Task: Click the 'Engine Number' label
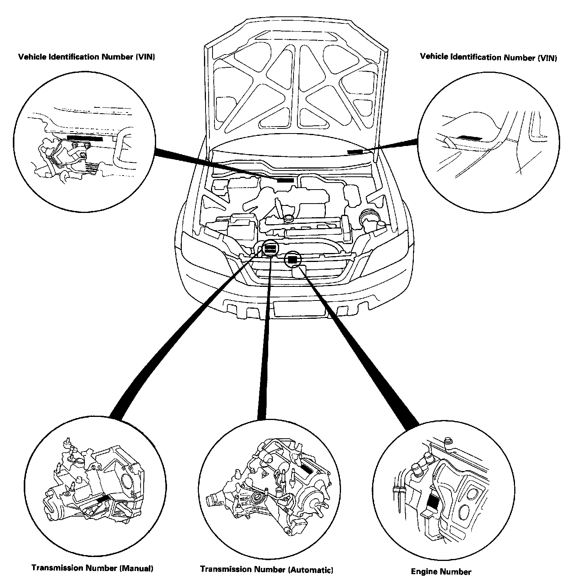click(441, 572)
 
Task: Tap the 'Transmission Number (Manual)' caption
click(92, 568)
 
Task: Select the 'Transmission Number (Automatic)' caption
click(267, 569)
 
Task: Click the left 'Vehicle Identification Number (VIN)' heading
click(87, 57)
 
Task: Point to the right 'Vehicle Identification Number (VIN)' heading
click(488, 57)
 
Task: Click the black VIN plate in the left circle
click(85, 138)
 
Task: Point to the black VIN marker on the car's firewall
click(285, 179)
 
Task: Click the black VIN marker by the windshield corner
click(355, 151)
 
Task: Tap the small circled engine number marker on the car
click(292, 259)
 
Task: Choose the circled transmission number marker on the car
click(270, 248)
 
